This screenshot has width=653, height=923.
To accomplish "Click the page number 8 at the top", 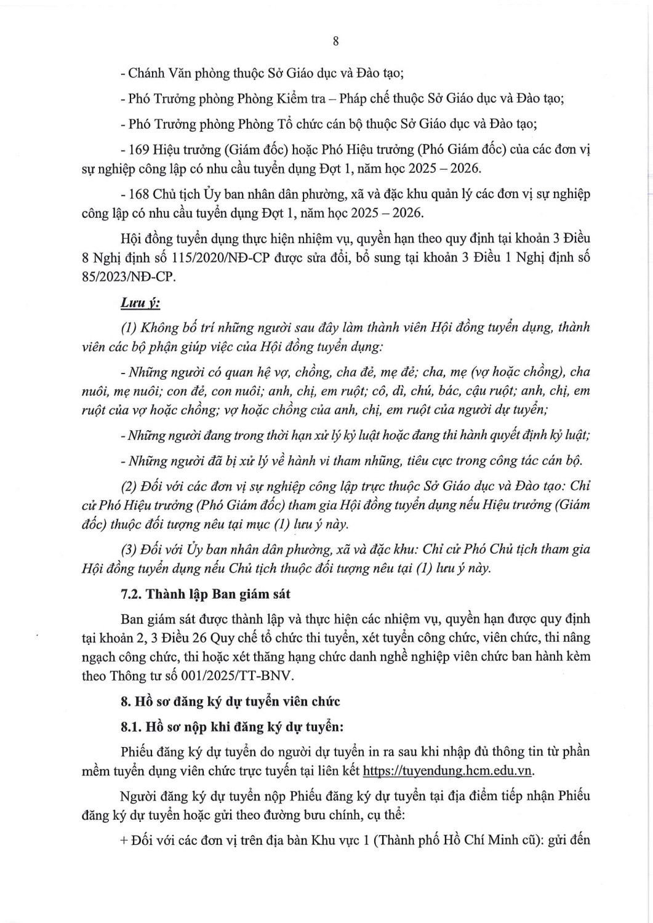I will tap(335, 41).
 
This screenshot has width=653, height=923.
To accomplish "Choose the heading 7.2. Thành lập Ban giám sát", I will tap(205, 594).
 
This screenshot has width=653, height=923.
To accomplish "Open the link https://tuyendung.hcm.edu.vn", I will tap(448, 771).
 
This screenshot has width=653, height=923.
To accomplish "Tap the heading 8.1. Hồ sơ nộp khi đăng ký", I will tap(232, 726).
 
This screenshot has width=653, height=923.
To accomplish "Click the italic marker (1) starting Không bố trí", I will tap(129, 327).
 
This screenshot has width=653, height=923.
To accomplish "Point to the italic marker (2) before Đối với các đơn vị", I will tap(129, 486).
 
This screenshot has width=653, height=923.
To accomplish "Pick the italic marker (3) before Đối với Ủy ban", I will tap(129, 549).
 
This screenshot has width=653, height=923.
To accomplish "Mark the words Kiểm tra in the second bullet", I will tap(298, 98).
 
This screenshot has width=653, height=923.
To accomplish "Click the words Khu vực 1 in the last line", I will tap(340, 841).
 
